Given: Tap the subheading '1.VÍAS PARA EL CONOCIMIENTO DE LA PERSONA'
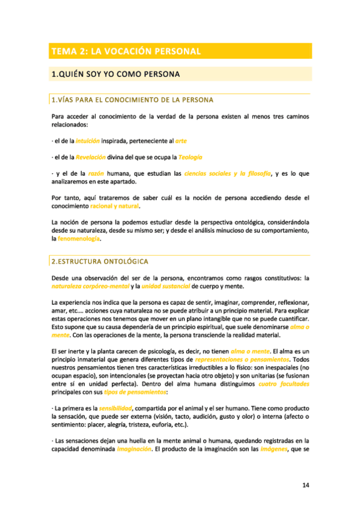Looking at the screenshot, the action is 133,99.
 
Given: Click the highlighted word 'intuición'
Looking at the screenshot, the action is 87,141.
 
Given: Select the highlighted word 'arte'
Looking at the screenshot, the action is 181,141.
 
